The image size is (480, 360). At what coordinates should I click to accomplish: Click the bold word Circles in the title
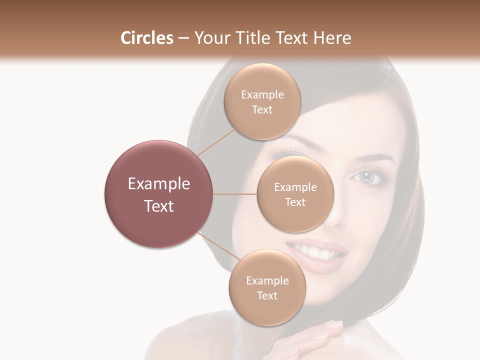pyautogui.click(x=146, y=38)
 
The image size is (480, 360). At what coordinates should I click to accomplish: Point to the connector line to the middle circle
pyautogui.click(x=235, y=194)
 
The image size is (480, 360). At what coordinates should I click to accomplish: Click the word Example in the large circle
pyautogui.click(x=159, y=183)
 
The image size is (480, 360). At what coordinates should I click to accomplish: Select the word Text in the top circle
pyautogui.click(x=262, y=110)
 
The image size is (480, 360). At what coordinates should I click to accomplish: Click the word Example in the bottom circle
pyautogui.click(x=267, y=280)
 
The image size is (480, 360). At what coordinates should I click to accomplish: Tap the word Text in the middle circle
pyautogui.click(x=295, y=202)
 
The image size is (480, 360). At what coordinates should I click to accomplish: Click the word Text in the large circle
pyautogui.click(x=159, y=206)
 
